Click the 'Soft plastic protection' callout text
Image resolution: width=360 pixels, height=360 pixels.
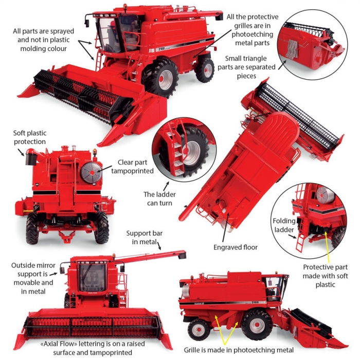(x=30, y=137)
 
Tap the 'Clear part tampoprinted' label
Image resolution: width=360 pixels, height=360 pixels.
(x=133, y=167)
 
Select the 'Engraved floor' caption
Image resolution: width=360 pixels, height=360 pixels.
(x=236, y=247)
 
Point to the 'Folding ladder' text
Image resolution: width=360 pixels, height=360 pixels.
(x=284, y=225)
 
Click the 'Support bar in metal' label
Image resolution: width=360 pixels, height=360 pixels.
(x=145, y=238)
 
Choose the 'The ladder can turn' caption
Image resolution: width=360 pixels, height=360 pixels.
(x=159, y=199)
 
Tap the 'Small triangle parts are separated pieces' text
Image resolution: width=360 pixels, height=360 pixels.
(x=246, y=67)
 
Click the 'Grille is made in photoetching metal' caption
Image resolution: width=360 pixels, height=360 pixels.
(x=239, y=350)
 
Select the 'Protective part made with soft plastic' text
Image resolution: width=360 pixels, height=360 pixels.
(x=326, y=276)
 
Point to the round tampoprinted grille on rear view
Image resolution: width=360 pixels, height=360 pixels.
(x=91, y=172)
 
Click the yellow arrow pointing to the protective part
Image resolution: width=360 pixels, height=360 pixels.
(x=328, y=247)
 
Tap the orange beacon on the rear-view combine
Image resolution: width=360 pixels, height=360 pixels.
(x=95, y=152)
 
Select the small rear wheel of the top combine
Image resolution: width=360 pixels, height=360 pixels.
(x=205, y=69)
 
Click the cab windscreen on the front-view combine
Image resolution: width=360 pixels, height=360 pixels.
(x=92, y=278)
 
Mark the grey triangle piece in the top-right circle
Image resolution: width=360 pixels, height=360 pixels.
(x=292, y=48)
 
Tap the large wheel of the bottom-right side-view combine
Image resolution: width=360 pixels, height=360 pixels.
(x=257, y=324)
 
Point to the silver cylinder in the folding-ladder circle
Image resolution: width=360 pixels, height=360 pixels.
(x=325, y=195)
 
